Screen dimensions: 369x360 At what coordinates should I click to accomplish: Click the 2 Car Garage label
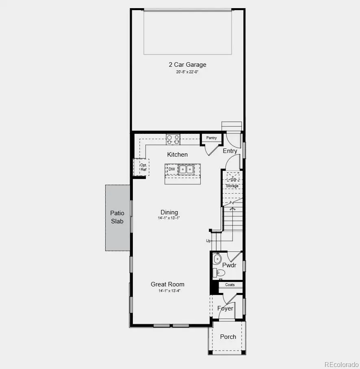pyautogui.click(x=187, y=64)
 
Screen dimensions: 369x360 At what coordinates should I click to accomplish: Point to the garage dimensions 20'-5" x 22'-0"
pyautogui.click(x=187, y=72)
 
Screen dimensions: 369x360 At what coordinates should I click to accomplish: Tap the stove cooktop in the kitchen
pyautogui.click(x=173, y=140)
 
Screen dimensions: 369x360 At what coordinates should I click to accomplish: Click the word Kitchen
pyautogui.click(x=178, y=155)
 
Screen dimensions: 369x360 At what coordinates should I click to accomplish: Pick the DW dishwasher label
pyautogui.click(x=171, y=169)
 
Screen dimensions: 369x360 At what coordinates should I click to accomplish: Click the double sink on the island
pyautogui.click(x=187, y=169)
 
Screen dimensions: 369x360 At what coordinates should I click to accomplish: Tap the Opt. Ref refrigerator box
pyautogui.click(x=143, y=167)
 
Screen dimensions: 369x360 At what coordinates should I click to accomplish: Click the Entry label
pyautogui.click(x=230, y=151)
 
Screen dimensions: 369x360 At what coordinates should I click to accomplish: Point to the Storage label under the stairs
pyautogui.click(x=232, y=186)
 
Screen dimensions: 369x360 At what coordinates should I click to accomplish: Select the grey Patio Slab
pyautogui.click(x=117, y=217)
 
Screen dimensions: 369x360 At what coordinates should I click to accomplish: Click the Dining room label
pyautogui.click(x=169, y=212)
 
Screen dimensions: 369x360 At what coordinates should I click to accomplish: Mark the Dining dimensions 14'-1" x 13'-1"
pyautogui.click(x=169, y=218)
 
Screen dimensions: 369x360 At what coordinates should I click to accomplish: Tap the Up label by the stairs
pyautogui.click(x=208, y=241)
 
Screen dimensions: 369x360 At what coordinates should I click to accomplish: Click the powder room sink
pyautogui.click(x=217, y=258)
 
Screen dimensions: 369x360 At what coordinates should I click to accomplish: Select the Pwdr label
pyautogui.click(x=229, y=265)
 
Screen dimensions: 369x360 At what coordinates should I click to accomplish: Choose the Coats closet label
pyautogui.click(x=230, y=285)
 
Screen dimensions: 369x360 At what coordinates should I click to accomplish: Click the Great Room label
pyautogui.click(x=167, y=284)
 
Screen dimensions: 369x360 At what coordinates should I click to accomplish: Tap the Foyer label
pyautogui.click(x=225, y=308)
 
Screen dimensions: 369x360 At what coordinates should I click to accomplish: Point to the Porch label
pyautogui.click(x=228, y=337)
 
